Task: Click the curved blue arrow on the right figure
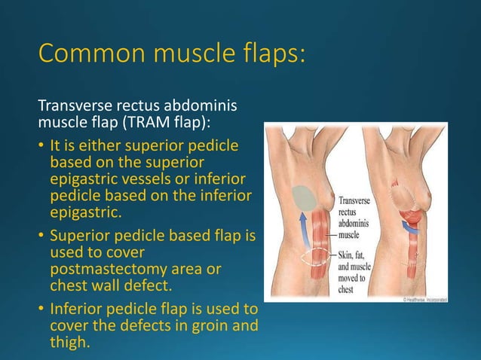coord(413,225)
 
